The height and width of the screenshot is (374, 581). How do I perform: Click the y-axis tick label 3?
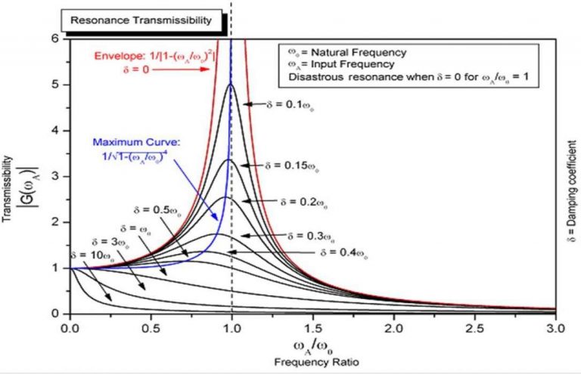(x=56, y=175)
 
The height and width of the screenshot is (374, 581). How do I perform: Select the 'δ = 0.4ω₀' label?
(x=346, y=252)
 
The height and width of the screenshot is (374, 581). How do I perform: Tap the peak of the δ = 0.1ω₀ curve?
(x=230, y=84)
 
